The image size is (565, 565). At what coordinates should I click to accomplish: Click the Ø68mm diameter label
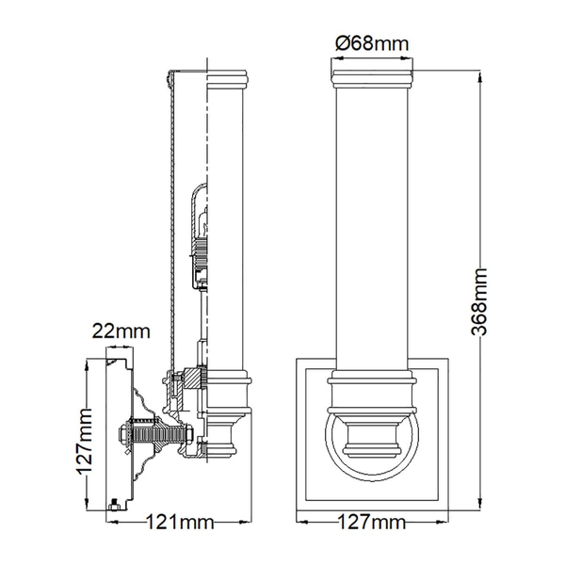[x=372, y=44]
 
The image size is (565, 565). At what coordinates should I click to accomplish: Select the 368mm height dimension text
[x=479, y=302]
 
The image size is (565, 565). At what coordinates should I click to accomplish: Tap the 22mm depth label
[x=121, y=331]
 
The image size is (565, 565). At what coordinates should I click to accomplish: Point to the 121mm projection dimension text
[x=180, y=522]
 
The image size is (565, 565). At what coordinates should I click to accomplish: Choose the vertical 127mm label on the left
[x=85, y=441]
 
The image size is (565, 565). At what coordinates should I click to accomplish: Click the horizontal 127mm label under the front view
[x=372, y=522]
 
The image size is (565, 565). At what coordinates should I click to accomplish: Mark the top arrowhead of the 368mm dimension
[x=479, y=77]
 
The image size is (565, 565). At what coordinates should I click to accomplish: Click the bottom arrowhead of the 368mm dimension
[x=479, y=504]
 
